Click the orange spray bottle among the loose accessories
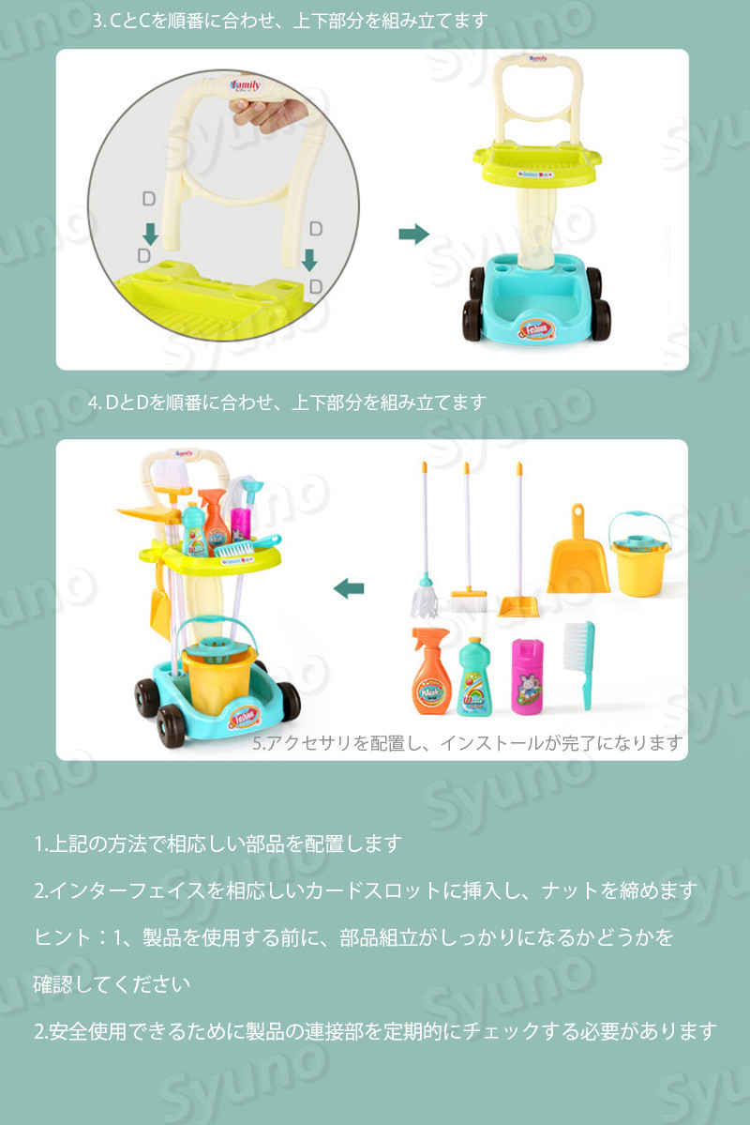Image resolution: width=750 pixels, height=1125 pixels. coord(430,672)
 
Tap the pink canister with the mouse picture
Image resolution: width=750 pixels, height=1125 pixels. coord(527,677)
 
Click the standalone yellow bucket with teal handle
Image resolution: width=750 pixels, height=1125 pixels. coord(638,554)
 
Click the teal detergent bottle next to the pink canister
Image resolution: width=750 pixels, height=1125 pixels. coord(474,677)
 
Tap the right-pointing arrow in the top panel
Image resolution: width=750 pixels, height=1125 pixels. coord(413,234)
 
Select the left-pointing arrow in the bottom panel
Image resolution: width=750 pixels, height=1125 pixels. coord(349,589)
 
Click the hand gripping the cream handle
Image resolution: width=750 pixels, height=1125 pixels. coord(269,114)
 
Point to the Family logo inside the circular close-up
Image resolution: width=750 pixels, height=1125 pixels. coord(246,85)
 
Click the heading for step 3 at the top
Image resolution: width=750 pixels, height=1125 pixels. coord(291,20)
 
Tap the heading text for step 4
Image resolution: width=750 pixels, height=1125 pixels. coord(287,403)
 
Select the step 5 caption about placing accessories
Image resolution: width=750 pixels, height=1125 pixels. coord(468,742)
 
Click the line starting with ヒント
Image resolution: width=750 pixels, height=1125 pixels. coord(353,937)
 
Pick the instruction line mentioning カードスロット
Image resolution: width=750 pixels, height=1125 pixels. coord(365,890)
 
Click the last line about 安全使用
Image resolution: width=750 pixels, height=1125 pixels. coord(375,1031)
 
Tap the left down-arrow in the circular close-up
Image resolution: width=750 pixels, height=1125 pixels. coord(151,234)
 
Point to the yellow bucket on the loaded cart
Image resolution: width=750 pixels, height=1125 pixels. coord(218,676)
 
